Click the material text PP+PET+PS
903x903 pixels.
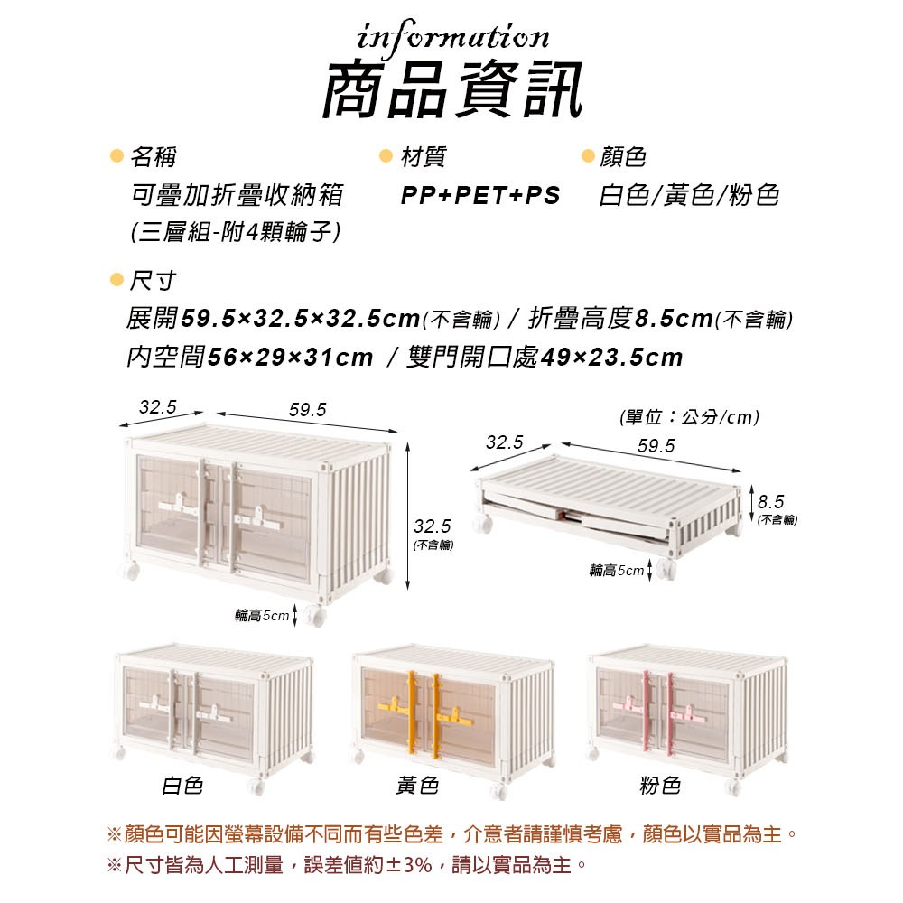coord(480,196)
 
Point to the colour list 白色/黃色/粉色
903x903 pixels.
coord(689,196)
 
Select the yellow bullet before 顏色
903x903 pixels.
coord(588,155)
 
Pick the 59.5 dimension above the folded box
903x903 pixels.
coord(656,446)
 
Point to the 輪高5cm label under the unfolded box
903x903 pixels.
coord(261,616)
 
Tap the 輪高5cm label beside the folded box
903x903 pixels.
coord(617,571)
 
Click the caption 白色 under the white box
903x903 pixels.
coord(182,786)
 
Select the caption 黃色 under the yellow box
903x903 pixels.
coord(417,786)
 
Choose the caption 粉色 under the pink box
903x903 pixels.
coord(660,786)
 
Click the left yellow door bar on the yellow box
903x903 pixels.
coord(411,713)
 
